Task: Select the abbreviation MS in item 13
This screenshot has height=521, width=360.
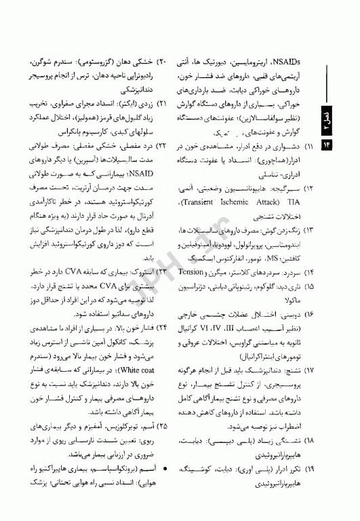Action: pos(266,257)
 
